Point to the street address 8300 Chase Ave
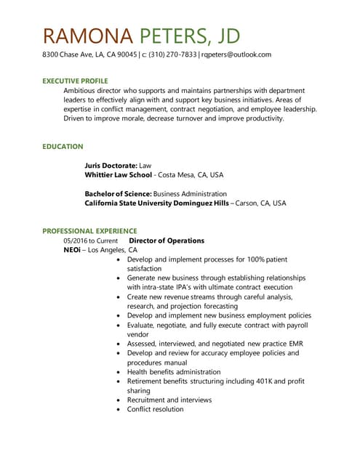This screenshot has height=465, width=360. pos(71,54)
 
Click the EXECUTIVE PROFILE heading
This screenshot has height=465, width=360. pos(75,80)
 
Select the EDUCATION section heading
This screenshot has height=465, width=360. pos(63,146)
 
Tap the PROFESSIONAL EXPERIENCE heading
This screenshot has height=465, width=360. pos(89,231)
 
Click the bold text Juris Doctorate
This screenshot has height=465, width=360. pos(110,166)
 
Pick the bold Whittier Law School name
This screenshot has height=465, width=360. pos(118,175)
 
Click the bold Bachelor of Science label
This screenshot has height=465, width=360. pos(118,194)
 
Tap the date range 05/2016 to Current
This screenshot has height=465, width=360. pos(90,240)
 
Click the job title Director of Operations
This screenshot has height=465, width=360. pos(167,240)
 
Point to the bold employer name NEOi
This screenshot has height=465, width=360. pos(71,250)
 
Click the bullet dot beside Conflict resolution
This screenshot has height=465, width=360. pos(118,410)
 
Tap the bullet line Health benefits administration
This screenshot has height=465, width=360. pos(173,372)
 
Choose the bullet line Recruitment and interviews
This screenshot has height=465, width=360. pos(169,400)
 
